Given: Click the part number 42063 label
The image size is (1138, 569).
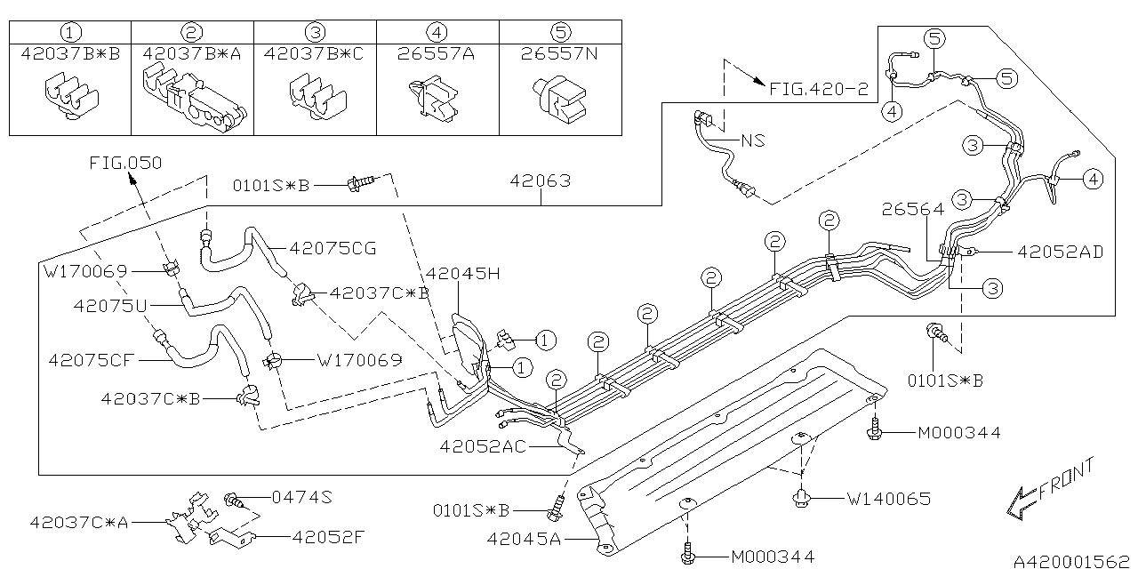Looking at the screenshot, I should [541, 180].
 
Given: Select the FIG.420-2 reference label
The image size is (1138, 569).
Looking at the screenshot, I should [819, 88].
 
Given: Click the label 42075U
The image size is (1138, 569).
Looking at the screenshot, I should [110, 305].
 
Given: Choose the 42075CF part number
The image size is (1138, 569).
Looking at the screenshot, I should [92, 360].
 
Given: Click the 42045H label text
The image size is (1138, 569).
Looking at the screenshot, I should [461, 273].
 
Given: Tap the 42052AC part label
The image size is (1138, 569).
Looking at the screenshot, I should [484, 446].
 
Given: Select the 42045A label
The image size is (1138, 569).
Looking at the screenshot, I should [524, 538].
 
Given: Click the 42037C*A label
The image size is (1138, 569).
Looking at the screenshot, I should [78, 522].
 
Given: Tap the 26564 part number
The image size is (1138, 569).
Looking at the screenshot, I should [912, 210].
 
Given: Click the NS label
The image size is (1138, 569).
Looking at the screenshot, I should [752, 140].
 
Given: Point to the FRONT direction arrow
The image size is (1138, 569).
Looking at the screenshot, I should [1049, 489].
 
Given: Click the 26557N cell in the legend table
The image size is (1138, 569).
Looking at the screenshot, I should [560, 53].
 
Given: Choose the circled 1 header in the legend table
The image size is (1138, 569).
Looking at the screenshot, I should [70, 32].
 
